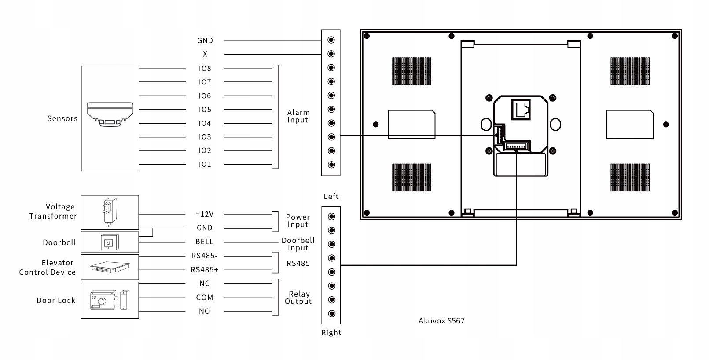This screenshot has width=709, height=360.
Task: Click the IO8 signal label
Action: (205, 68)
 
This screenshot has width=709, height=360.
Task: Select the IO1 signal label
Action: (205, 164)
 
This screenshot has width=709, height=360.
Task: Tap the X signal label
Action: (205, 54)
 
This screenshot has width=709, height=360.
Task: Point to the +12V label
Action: (205, 214)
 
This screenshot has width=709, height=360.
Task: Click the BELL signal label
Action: (205, 242)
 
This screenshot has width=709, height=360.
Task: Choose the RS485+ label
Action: (204, 269)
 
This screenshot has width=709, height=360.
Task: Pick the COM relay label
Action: (205, 298)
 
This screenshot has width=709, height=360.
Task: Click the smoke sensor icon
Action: (110, 114)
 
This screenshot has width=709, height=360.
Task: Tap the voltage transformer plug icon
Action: (110, 212)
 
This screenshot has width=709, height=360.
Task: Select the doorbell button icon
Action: (110, 242)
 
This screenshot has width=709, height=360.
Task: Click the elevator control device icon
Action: (110, 267)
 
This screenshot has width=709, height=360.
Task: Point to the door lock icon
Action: (110, 300)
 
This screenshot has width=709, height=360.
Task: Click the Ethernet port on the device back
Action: (521, 110)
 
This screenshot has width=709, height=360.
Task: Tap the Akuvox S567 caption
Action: (441, 321)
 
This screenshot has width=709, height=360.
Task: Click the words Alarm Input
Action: (298, 116)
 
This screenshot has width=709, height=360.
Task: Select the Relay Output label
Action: (298, 298)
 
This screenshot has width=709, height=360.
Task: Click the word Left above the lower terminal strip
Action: (331, 197)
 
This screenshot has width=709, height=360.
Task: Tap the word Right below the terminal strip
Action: (331, 332)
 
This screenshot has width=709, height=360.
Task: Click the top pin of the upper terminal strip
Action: (331, 40)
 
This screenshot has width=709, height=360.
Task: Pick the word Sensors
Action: (62, 118)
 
